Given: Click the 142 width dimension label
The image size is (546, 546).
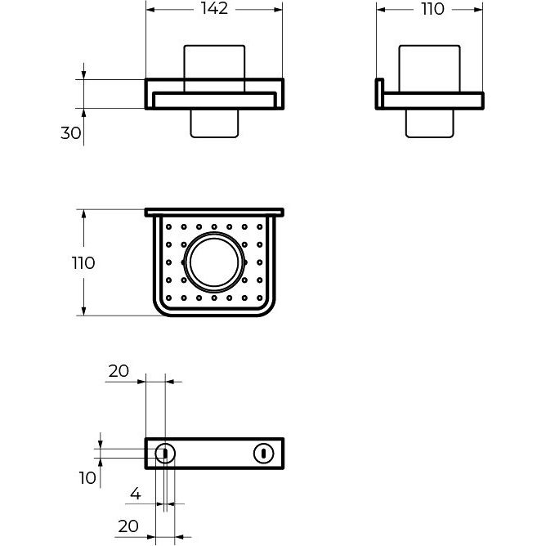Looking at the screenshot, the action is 214,9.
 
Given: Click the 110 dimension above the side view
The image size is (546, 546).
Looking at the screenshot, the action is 433,9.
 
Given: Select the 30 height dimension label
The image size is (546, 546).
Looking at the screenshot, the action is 70,133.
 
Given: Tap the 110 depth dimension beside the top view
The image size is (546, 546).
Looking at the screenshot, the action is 83,263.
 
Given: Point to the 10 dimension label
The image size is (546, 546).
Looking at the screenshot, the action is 87,478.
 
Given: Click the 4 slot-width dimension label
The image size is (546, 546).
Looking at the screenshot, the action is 136,494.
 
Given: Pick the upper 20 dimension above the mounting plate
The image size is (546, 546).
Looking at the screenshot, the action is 119,371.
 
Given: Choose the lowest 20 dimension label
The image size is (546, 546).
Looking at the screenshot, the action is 128,526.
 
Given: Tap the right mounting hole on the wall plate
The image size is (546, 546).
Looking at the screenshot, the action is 263,454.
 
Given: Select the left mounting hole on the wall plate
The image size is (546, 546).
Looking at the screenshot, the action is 165,454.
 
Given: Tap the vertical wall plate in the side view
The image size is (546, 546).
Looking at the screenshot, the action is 379,94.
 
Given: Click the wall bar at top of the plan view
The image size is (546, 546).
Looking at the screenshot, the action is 214,213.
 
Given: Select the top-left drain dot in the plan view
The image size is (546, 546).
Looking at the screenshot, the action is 169,227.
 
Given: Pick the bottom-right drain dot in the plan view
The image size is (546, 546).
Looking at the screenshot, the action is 260,298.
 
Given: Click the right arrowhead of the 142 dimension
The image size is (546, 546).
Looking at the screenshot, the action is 278,10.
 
